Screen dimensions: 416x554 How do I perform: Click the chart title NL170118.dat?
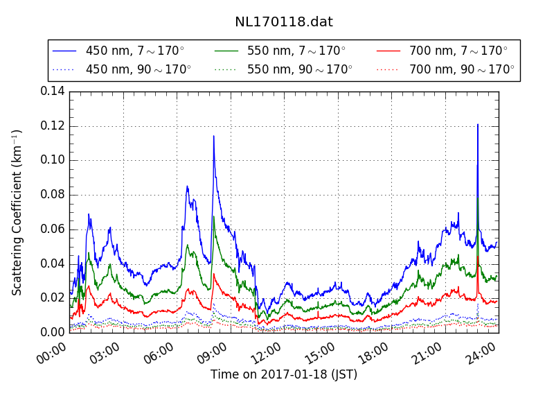(x=283, y=21)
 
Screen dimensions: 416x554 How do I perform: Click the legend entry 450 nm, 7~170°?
(x=134, y=51)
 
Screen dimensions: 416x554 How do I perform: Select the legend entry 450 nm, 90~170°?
(x=138, y=69)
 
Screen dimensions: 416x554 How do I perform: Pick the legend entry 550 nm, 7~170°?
(x=296, y=51)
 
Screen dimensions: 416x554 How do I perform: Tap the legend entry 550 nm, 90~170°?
(x=299, y=69)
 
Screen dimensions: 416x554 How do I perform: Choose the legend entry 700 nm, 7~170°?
(x=458, y=51)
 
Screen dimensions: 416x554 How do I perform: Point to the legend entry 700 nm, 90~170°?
(x=461, y=69)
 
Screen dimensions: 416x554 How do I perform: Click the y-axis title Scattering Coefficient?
(x=17, y=212)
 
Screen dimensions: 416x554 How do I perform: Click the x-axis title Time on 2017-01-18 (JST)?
(x=284, y=374)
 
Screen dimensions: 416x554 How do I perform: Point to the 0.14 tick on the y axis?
(x=53, y=92)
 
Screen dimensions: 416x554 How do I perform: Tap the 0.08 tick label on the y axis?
(x=53, y=194)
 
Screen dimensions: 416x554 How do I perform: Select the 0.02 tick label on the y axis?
(x=53, y=297)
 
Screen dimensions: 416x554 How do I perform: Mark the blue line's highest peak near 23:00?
(x=478, y=125)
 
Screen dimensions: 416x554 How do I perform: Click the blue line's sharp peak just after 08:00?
(x=213, y=136)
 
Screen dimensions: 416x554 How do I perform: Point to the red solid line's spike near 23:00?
(x=478, y=257)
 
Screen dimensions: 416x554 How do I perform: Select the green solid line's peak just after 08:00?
(x=213, y=216)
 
